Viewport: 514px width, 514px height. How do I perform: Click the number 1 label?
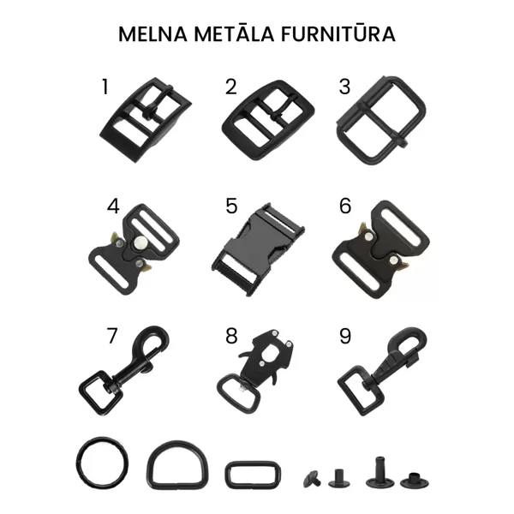(105, 87)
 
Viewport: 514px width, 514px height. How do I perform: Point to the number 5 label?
(231, 206)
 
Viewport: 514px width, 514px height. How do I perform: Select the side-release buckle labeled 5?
(258, 249)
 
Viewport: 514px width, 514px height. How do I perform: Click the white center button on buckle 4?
(140, 242)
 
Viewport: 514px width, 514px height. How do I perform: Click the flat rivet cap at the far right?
(415, 481)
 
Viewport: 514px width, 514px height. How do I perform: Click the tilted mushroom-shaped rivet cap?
(312, 479)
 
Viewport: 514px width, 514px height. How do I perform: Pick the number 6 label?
(345, 206)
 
